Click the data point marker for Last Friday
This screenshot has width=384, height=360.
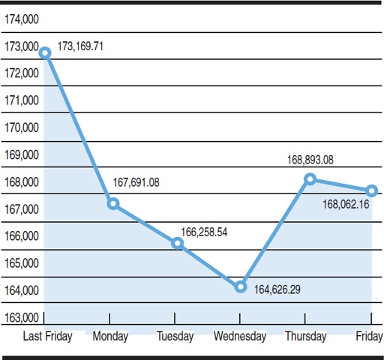pyautogui.click(x=45, y=52)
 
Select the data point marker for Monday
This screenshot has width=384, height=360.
pyautogui.click(x=112, y=203)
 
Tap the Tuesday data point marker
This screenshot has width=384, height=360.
pyautogui.click(x=177, y=242)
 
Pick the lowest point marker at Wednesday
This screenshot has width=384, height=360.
pyautogui.click(x=240, y=286)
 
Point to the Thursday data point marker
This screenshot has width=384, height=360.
pyautogui.click(x=310, y=178)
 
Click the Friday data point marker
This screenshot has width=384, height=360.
pyautogui.click(x=371, y=190)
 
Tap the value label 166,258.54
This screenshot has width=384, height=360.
pyautogui.click(x=204, y=232)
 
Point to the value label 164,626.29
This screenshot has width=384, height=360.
pyautogui.click(x=277, y=289)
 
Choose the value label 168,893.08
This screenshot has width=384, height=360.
pyautogui.click(x=310, y=160)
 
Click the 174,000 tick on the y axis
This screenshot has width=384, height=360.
pyautogui.click(x=22, y=19)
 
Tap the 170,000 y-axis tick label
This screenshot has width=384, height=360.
pyautogui.click(x=22, y=127)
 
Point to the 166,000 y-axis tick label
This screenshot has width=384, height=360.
pyautogui.click(x=22, y=236)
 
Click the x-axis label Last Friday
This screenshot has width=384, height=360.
pyautogui.click(x=48, y=336)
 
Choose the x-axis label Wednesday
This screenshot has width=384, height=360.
pyautogui.click(x=239, y=336)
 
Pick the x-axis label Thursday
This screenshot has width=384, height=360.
pyautogui.click(x=305, y=336)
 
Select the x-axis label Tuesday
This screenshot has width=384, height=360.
pyautogui.click(x=175, y=336)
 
